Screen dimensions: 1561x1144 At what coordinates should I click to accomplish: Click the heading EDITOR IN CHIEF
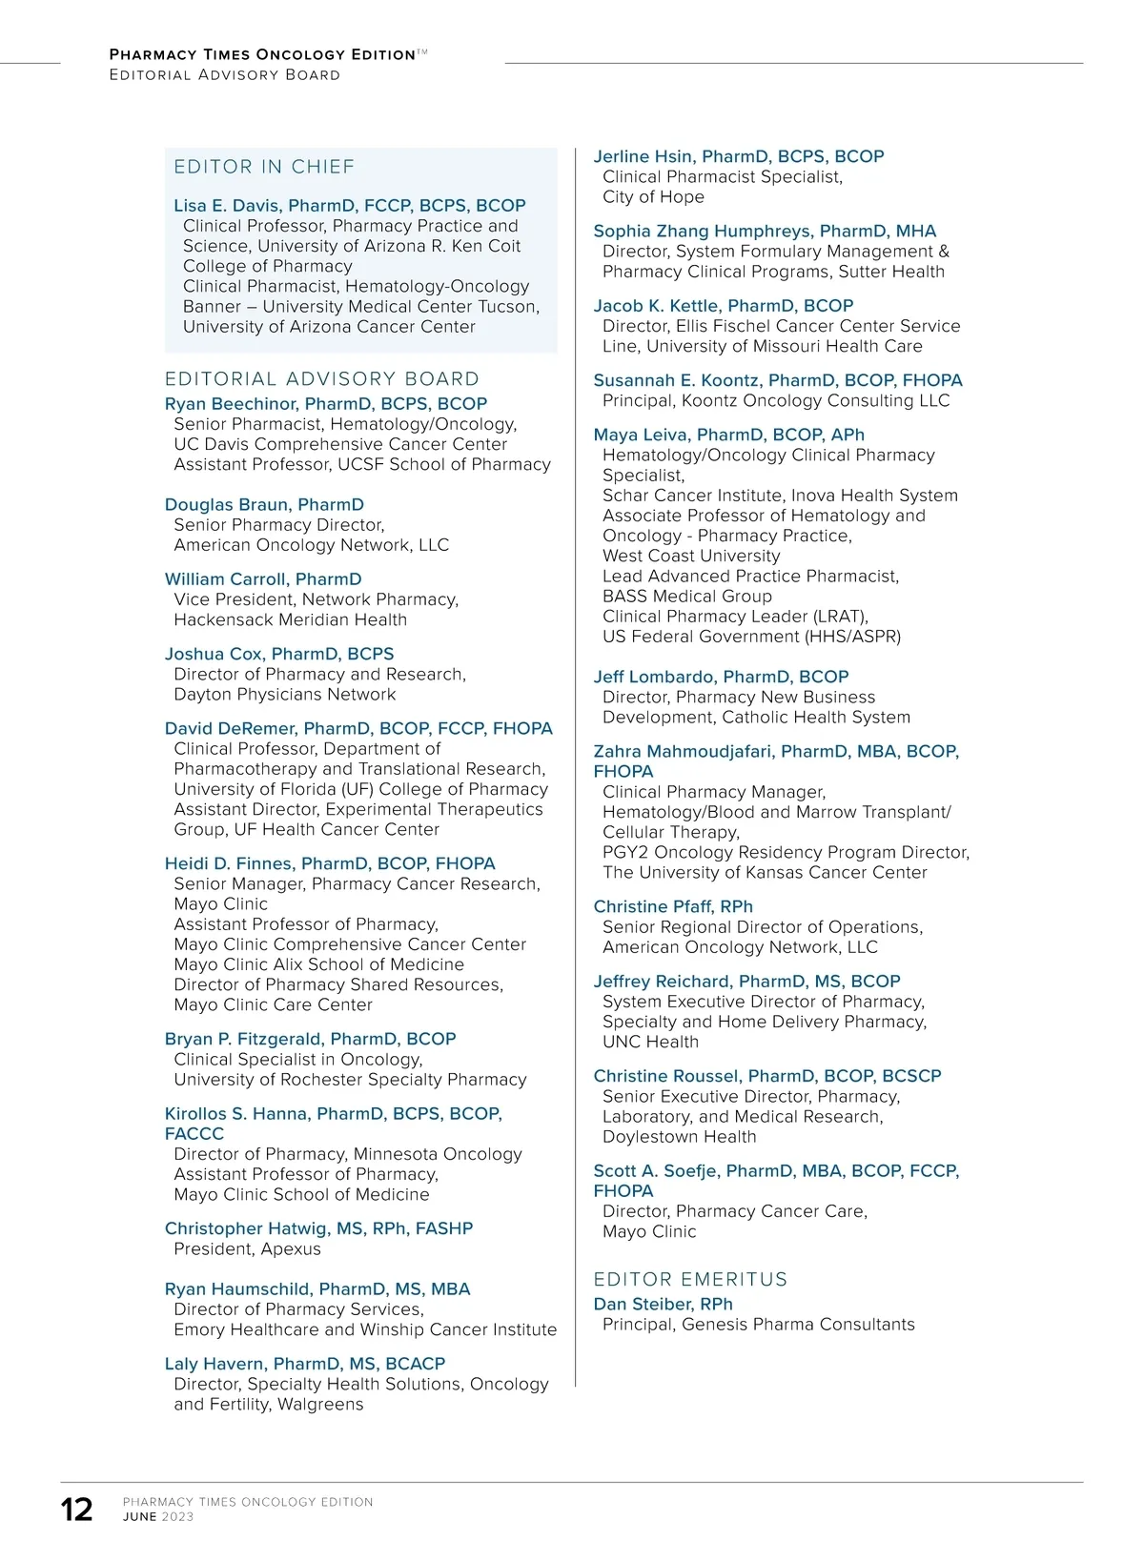(x=264, y=167)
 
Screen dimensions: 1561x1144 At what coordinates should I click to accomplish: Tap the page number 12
(x=77, y=1510)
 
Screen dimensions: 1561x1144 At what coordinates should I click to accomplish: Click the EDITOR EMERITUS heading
(x=690, y=1279)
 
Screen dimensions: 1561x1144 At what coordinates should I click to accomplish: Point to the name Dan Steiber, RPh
(x=663, y=1304)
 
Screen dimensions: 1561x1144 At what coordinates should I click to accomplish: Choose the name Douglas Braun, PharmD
(x=264, y=504)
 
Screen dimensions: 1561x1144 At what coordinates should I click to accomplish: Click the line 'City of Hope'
(x=653, y=196)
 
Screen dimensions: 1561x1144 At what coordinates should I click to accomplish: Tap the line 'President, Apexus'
(x=247, y=1248)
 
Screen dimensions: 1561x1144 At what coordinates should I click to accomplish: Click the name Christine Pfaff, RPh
(x=673, y=906)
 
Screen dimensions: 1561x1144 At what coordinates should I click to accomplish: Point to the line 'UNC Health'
(x=650, y=1042)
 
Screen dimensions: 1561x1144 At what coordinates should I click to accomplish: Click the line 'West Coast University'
(x=691, y=556)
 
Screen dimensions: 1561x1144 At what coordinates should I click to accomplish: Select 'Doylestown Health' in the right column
(x=679, y=1136)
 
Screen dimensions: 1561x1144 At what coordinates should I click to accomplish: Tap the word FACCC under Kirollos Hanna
(x=194, y=1133)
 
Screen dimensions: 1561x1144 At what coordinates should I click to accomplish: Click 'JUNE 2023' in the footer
(x=158, y=1516)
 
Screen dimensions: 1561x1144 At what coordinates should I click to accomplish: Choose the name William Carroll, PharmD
(x=263, y=578)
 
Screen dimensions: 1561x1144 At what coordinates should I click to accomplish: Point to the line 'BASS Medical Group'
(x=686, y=596)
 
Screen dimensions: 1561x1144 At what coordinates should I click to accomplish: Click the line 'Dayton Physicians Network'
(x=284, y=694)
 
